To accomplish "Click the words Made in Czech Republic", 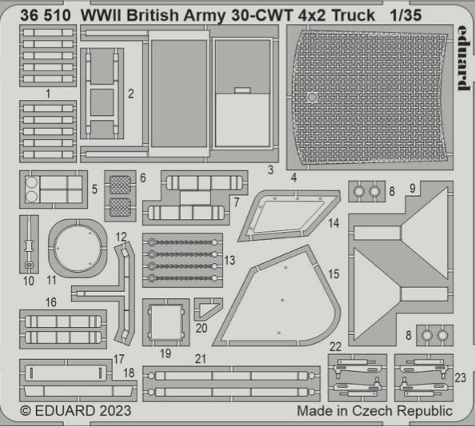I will pos(374,411).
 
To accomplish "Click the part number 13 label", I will pos(230,261).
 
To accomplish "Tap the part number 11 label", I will pos(51,280).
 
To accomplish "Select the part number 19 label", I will pos(165,352).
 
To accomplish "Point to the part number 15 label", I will pos(333,273).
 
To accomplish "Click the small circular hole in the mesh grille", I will pos(313,98).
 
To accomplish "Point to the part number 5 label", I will pos(94,190).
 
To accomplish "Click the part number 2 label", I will pos(130,94).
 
